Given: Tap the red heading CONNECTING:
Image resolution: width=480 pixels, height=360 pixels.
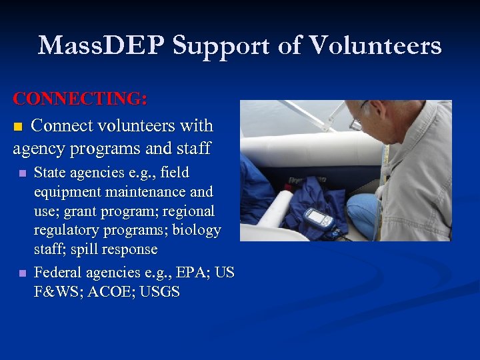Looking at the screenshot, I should (x=81, y=99).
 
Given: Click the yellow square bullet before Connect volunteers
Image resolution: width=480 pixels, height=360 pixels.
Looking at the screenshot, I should (x=19, y=127).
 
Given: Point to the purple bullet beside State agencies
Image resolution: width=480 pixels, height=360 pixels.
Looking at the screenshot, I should (x=22, y=173).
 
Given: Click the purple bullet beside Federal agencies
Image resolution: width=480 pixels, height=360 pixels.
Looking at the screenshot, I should (x=22, y=273).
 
